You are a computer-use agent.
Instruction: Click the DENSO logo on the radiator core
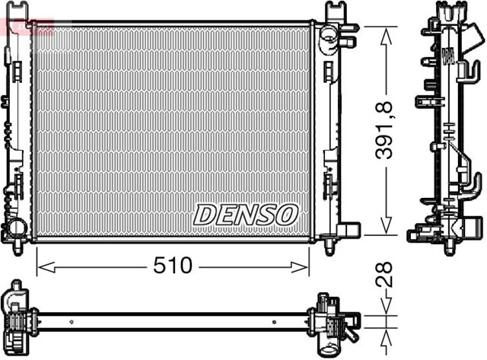point(245,215)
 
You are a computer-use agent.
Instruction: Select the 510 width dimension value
point(173,266)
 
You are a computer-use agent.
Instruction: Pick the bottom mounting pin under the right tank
point(329,247)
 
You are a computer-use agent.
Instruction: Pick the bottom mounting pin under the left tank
point(18,245)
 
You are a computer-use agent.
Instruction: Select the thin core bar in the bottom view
point(175,320)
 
